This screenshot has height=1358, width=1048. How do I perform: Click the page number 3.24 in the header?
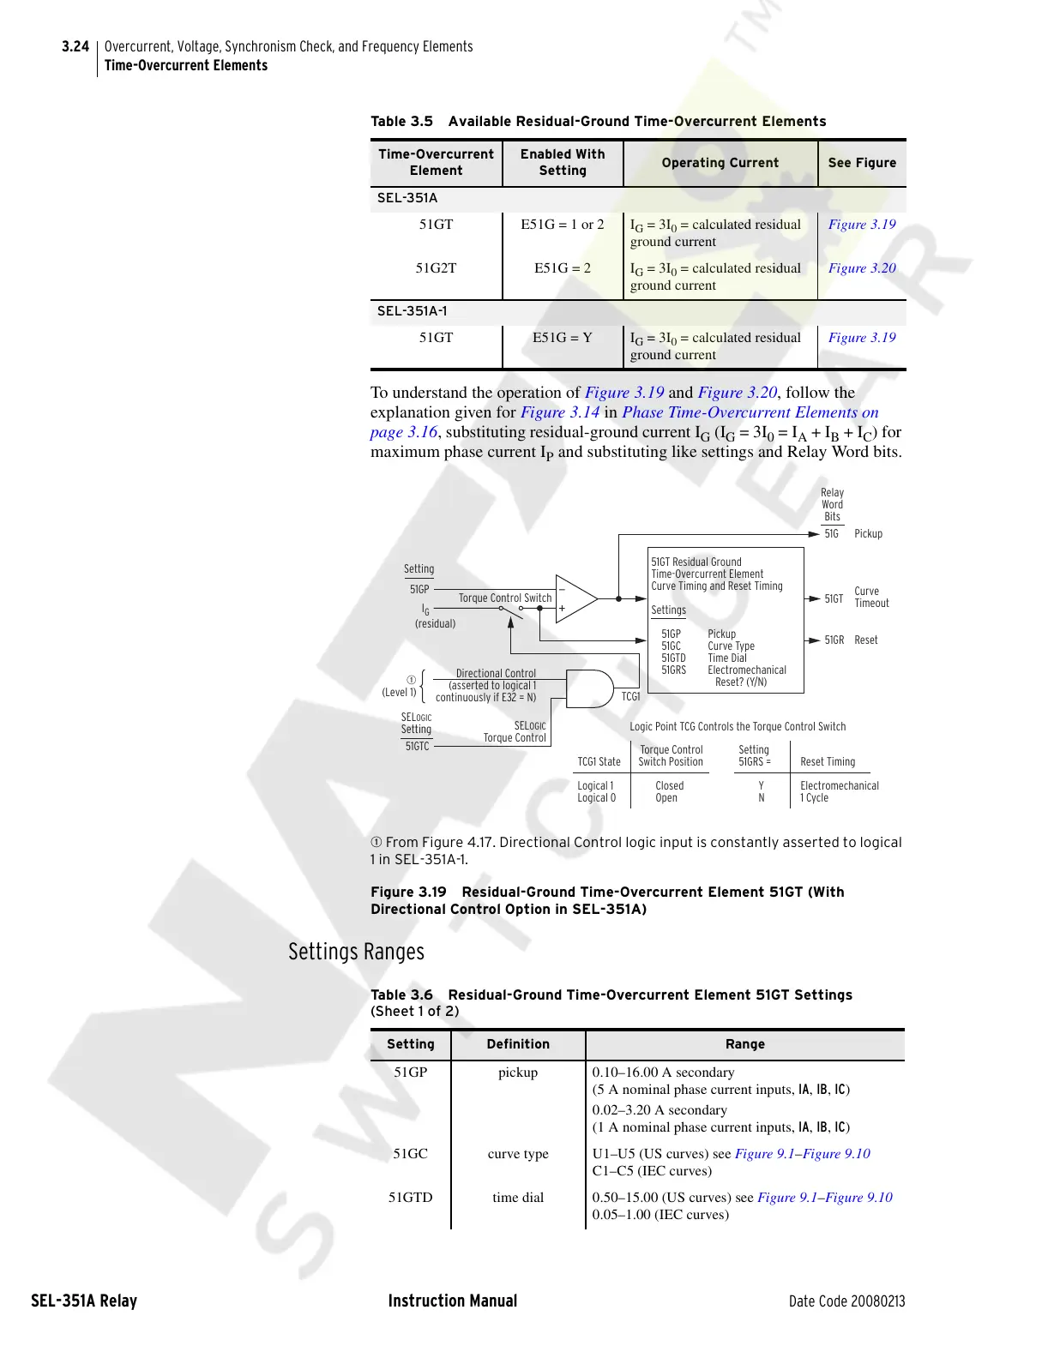(x=75, y=47)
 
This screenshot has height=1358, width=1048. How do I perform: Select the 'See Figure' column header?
(x=861, y=163)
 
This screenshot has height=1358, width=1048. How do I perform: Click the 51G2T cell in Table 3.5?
(x=436, y=268)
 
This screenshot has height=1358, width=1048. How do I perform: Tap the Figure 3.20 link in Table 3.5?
(x=861, y=268)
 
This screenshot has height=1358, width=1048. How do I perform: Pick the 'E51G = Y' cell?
(x=562, y=338)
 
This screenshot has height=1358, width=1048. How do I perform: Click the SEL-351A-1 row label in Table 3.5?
(x=412, y=311)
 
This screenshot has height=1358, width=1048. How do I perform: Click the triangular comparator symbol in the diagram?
(x=575, y=598)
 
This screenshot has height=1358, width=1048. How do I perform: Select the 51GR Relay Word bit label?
(x=834, y=640)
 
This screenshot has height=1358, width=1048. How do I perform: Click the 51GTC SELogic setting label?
(x=417, y=747)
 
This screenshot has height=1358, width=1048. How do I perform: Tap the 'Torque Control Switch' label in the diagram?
(x=504, y=598)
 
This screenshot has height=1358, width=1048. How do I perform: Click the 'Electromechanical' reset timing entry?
(x=839, y=786)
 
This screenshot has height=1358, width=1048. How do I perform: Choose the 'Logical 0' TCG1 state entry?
(x=596, y=798)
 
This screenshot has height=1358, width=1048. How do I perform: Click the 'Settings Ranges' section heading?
(x=356, y=952)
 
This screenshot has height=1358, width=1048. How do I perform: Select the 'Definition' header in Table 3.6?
(x=518, y=1044)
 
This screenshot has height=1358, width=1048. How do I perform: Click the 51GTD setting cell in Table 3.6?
(x=410, y=1198)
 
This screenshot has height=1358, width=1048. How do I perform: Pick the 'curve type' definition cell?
(x=518, y=1154)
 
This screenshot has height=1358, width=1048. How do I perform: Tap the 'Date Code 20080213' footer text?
(x=846, y=1301)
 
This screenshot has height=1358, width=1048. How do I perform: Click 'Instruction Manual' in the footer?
(x=452, y=1301)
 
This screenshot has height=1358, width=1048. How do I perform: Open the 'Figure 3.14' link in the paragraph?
(x=559, y=412)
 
